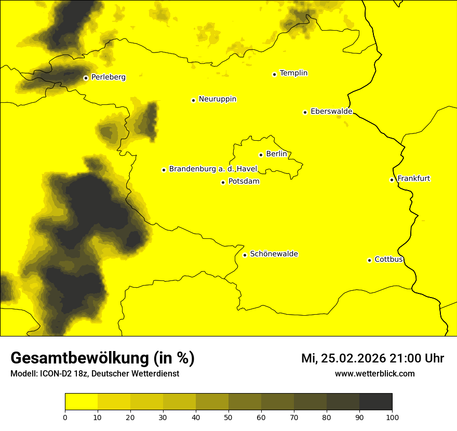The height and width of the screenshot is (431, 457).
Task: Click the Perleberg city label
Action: click(108, 77)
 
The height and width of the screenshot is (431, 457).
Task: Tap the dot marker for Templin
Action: click(274, 74)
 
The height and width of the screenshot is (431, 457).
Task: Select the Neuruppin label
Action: click(217, 99)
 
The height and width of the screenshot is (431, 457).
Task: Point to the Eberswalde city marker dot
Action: click(305, 112)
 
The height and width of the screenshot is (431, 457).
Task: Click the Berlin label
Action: click(276, 154)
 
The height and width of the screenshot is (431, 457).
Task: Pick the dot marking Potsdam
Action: click(223, 182)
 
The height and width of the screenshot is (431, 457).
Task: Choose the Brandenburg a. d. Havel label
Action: click(213, 169)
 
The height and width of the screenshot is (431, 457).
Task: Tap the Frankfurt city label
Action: click(413, 179)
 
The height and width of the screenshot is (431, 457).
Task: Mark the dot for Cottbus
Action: click(369, 260)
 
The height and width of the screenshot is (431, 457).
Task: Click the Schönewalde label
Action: click(274, 254)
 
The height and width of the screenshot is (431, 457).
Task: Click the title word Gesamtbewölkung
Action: click(79, 358)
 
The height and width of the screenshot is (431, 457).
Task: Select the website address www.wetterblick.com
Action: click(374, 373)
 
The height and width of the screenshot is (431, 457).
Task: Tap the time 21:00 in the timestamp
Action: click(409, 358)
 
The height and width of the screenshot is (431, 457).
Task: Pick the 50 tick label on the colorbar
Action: click(228, 417)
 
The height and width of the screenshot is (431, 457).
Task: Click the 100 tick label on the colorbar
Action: click(392, 417)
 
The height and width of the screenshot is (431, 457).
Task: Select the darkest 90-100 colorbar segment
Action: click(375, 402)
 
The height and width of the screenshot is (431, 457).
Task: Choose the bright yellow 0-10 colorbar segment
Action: click(81, 402)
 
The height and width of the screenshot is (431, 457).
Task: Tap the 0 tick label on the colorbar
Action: click(65, 417)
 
